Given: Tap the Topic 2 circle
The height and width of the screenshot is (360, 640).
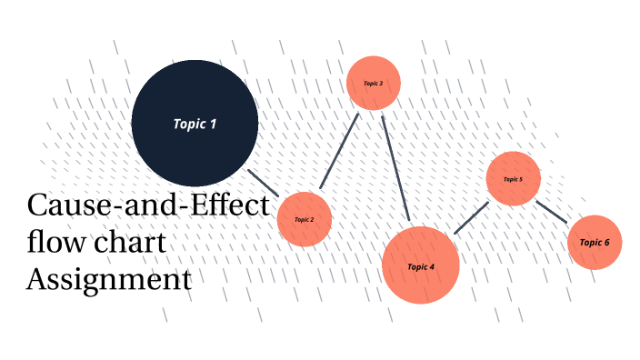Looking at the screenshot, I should pos(305,219).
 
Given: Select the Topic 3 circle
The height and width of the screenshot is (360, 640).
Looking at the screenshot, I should pos(374,83).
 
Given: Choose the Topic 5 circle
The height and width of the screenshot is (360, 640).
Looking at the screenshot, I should pos(514,179).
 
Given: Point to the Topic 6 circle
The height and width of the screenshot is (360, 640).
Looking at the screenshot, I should pos(595,243).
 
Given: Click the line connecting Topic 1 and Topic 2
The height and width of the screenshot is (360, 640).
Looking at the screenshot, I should pos(264,183).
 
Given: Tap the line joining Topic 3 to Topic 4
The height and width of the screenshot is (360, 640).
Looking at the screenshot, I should pos(396,169).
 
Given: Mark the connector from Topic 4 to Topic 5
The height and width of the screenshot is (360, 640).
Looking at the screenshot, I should pos(471,218).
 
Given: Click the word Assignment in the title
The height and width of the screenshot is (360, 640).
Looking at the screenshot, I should pos(109,279).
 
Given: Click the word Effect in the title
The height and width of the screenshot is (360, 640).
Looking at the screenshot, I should pos(227,205).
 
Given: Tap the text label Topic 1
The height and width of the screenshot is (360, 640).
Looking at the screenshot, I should pos(195,124).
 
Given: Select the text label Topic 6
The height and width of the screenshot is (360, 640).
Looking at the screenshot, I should pos(595,243).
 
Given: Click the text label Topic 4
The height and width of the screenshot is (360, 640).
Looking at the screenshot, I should pos(421,266).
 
